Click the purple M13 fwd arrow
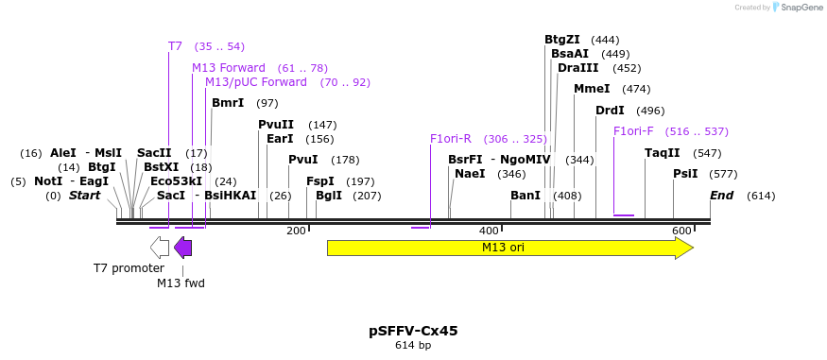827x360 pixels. [x=183, y=248]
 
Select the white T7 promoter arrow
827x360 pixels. [x=160, y=248]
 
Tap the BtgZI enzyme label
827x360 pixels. [x=561, y=40]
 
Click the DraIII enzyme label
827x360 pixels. [x=577, y=68]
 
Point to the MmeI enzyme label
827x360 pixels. [x=592, y=89]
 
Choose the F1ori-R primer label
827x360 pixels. [x=451, y=139]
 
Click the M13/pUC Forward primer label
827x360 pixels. [x=256, y=82]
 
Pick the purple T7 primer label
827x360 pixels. [x=175, y=46]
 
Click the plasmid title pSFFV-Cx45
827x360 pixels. [x=413, y=331]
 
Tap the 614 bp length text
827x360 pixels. [x=413, y=346]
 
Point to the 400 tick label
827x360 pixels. [x=489, y=231]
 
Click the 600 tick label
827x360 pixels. [x=681, y=231]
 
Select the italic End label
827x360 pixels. [x=722, y=196]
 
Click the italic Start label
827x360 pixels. [x=84, y=196]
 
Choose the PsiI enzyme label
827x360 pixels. [x=685, y=174]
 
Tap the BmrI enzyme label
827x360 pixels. [x=228, y=103]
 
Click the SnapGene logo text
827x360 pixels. [x=799, y=8]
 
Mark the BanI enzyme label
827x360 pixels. [x=525, y=196]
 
